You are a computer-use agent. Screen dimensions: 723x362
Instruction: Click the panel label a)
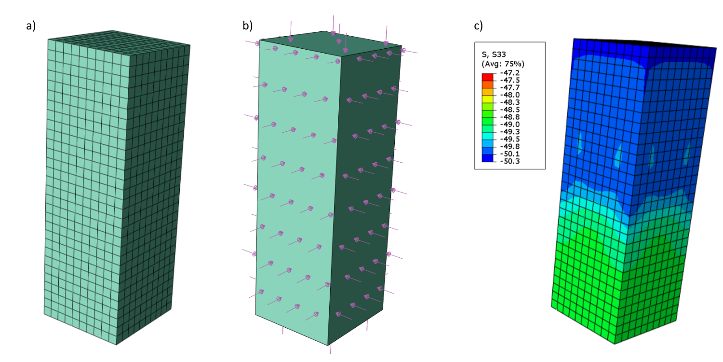31,26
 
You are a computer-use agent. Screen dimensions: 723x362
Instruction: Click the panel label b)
248,26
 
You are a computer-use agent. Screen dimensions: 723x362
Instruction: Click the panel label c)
478,26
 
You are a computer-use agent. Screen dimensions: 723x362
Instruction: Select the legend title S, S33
494,55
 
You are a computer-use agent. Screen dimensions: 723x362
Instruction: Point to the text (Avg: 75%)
503,64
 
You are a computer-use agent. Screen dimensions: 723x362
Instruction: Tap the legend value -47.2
510,73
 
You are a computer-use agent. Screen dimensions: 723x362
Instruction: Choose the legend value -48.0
510,95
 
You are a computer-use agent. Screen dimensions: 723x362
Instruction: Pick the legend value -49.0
510,125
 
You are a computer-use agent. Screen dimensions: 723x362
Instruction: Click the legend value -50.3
510,161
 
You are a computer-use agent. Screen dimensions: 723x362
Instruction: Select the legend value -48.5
510,110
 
